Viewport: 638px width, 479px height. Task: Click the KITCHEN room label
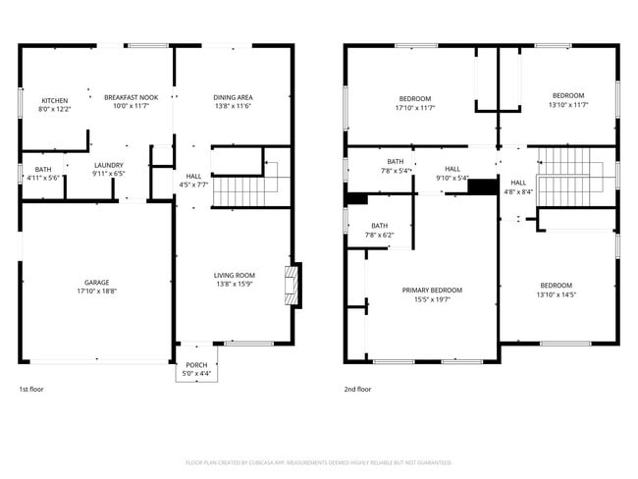[x=54, y=100]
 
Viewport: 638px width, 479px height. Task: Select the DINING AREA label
[x=233, y=97]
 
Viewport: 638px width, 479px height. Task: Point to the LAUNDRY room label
[x=108, y=165]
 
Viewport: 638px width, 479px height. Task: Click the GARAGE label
[x=96, y=282]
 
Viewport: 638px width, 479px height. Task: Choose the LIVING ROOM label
[x=235, y=275]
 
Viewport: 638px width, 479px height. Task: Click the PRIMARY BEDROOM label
[x=432, y=290]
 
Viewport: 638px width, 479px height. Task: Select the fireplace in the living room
[x=291, y=284]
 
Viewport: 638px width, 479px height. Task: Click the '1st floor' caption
[x=30, y=389]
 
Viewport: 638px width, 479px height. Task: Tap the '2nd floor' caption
[x=357, y=389]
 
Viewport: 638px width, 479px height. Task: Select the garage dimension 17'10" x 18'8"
[x=96, y=292]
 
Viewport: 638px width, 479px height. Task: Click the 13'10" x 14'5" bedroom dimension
[x=558, y=294]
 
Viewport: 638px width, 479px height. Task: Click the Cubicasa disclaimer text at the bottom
[x=319, y=460]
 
